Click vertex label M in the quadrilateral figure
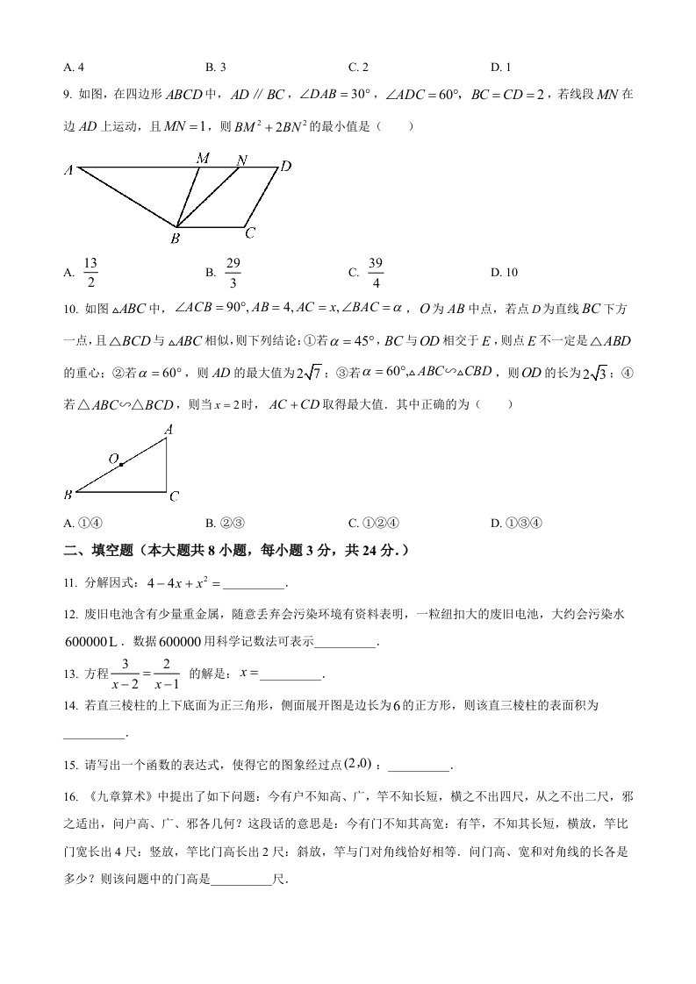[203, 158]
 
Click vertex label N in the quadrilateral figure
[242, 160]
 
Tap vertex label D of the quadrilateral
[285, 166]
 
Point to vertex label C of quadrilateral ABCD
[250, 232]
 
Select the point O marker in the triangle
[120, 464]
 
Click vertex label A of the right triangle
[168, 429]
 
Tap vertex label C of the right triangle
[174, 496]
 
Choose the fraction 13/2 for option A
[90, 272]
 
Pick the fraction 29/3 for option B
[233, 272]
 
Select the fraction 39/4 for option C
[375, 272]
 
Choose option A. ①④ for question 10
[84, 524]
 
